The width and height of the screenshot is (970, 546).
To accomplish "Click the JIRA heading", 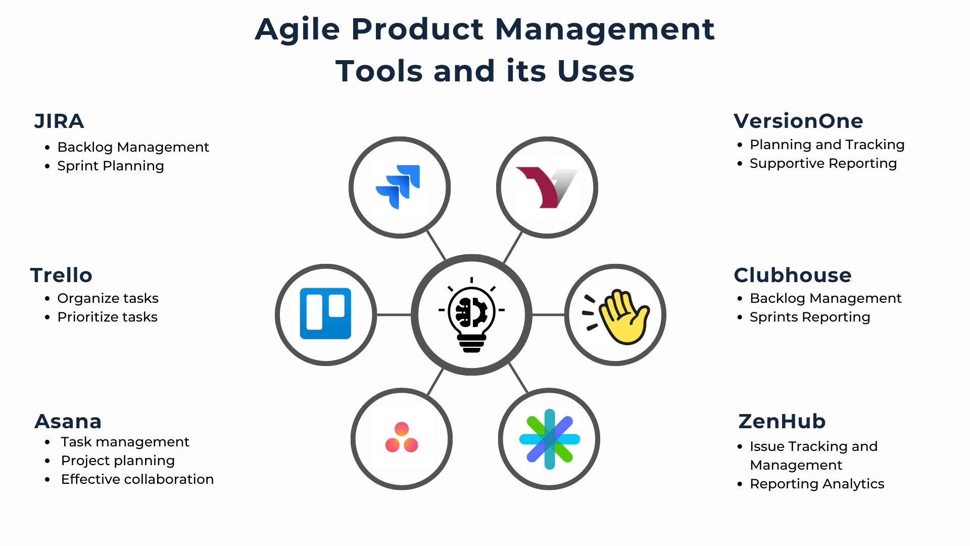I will click(59, 121).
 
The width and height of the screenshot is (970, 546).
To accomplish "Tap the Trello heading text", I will click(61, 276).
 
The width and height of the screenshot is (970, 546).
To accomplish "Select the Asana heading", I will click(68, 421).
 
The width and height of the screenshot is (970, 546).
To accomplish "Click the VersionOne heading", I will click(798, 121).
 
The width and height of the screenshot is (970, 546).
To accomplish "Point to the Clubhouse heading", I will click(792, 276).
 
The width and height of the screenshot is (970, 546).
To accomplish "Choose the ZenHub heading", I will click(782, 421).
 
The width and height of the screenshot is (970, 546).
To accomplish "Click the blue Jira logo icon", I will click(399, 187).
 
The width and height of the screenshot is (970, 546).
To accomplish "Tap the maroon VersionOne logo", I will click(546, 187).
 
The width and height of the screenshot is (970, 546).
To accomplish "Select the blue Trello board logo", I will click(325, 313).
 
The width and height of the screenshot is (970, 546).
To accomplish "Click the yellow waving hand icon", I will click(619, 316).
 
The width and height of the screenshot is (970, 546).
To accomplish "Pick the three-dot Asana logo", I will click(402, 438).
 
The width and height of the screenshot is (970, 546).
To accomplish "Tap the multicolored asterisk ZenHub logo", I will click(550, 439).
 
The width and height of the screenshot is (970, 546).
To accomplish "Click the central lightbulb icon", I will click(471, 315).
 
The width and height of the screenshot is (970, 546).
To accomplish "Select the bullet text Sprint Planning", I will click(111, 166).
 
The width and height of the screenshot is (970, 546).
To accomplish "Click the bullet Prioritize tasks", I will click(108, 317).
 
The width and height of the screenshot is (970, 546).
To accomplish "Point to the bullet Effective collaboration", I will click(137, 479).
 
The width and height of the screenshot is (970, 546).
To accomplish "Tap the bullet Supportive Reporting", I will click(823, 163).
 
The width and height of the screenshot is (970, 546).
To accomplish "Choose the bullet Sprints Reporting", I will click(810, 317).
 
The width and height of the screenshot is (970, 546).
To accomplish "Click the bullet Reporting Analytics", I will click(817, 484).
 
